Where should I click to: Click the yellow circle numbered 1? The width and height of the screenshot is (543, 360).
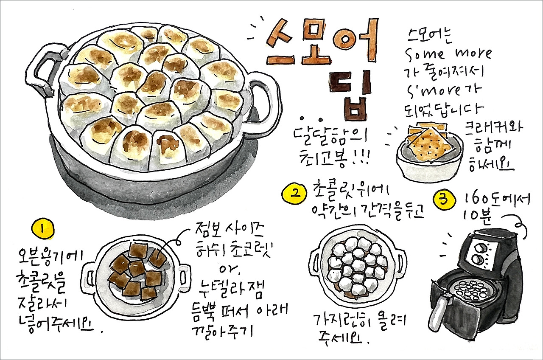[43, 229]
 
